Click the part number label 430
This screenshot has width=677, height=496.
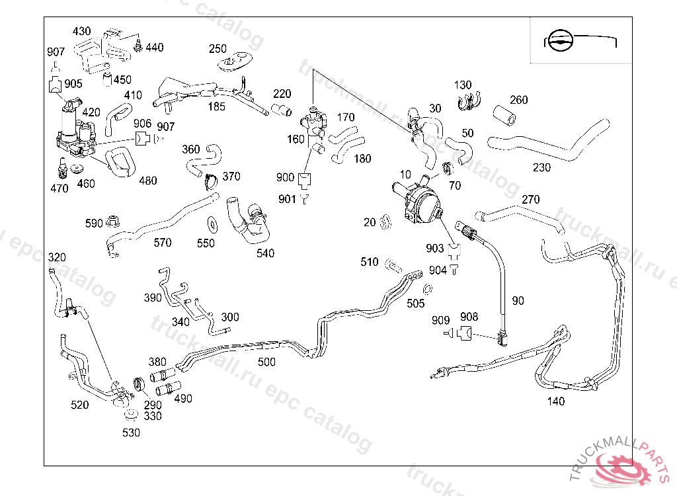tap(82, 31)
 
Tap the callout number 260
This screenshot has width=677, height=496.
tap(519, 100)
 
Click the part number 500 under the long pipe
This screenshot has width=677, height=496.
tap(266, 362)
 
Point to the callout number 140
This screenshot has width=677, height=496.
tap(556, 401)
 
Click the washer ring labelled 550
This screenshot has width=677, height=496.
tap(213, 222)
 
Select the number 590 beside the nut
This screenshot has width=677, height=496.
tap(95, 224)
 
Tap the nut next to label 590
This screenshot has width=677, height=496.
tap(113, 221)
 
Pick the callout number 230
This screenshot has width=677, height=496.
tap(541, 167)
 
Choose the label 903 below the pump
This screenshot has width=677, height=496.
tap(435, 248)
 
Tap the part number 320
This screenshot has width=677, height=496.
tap(58, 257)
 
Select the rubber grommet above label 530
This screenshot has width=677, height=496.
tap(131, 416)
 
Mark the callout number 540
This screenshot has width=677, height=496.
tap(265, 253)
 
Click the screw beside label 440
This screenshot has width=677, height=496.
tap(139, 46)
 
